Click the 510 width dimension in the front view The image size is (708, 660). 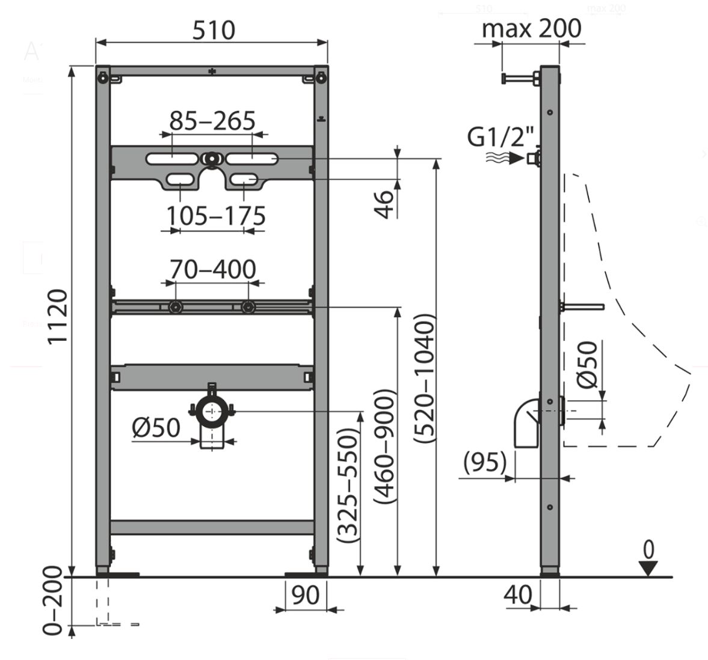(x=213, y=29)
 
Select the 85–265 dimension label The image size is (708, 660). (x=212, y=121)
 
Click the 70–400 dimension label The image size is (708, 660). (x=212, y=270)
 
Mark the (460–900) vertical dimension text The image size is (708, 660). (x=385, y=446)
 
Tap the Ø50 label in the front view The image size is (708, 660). (x=156, y=427)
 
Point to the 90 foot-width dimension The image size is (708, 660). (x=305, y=595)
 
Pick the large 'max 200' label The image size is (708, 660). (x=531, y=28)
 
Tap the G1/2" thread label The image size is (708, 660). (x=501, y=138)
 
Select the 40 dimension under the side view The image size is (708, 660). (x=518, y=595)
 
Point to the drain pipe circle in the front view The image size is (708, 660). (x=211, y=412)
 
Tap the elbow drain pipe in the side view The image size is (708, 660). (x=527, y=424)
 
